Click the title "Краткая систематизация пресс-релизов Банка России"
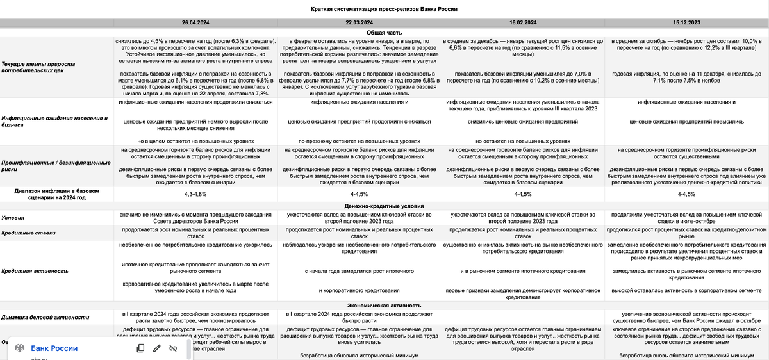(384, 9)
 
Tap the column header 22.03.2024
(358, 22)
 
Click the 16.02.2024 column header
(523, 22)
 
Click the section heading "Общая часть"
(384, 32)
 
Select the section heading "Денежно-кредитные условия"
(384, 205)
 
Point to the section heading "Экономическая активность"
(384, 306)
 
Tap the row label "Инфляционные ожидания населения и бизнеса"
(54, 122)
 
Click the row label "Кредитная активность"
(35, 271)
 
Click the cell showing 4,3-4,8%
(195, 193)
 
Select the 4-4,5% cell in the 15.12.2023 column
(684, 193)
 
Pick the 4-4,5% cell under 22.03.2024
(359, 193)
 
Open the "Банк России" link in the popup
(54, 348)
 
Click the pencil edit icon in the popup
(156, 348)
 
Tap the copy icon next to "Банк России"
(140, 348)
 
